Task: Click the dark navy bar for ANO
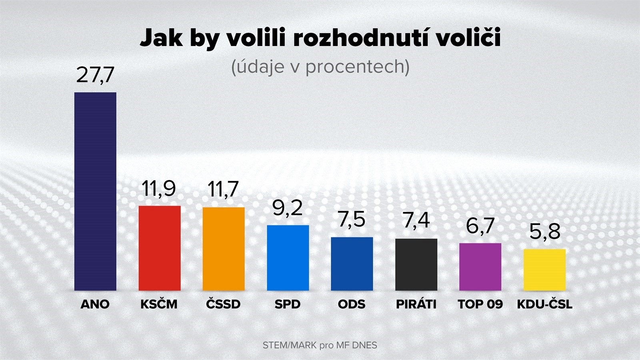(95, 191)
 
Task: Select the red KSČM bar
(160, 248)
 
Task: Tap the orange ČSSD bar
(224, 248)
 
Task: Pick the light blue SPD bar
(288, 258)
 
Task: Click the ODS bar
(352, 264)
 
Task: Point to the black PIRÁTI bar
(416, 264)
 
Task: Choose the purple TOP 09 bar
(480, 266)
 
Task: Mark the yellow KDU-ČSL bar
(544, 270)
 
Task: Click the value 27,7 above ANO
(95, 75)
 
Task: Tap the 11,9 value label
(159, 188)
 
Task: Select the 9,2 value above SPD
(288, 208)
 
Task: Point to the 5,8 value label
(545, 231)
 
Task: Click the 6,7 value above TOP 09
(480, 226)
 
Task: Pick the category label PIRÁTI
(416, 304)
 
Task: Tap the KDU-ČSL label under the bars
(544, 304)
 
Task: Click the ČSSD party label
(223, 304)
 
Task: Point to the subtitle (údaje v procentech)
(320, 67)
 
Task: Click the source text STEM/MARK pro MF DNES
(320, 345)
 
